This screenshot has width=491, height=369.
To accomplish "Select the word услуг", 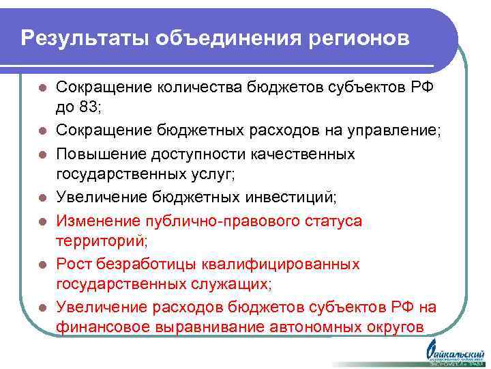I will point(211,174).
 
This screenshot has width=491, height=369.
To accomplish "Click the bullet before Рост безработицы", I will point(42,264).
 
